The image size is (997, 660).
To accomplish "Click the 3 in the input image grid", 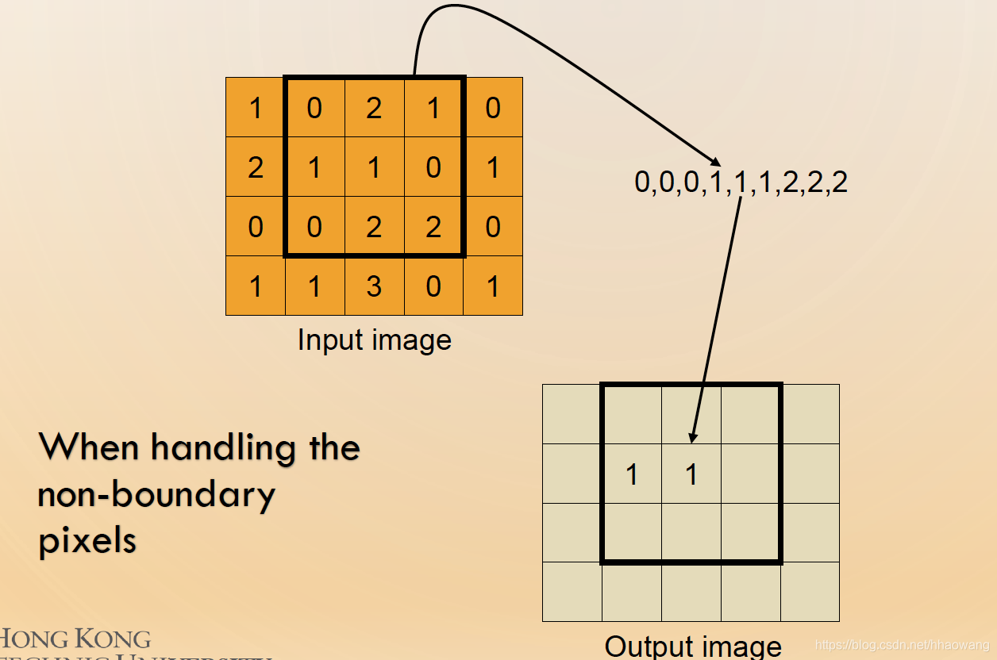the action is click(x=374, y=286).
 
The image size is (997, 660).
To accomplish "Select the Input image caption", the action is click(x=374, y=340).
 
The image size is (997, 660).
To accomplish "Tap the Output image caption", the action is click(x=693, y=645).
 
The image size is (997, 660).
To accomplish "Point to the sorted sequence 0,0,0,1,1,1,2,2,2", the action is click(x=741, y=182).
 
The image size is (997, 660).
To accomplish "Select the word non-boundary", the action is click(x=156, y=494).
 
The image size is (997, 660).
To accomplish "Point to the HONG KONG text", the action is click(x=75, y=639).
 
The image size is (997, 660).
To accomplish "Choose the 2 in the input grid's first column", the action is click(x=255, y=167).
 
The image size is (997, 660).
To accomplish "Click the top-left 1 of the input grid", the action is click(x=255, y=108).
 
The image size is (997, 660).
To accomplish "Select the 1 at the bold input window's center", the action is click(x=374, y=167).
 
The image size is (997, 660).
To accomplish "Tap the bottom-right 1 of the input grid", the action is click(x=493, y=286).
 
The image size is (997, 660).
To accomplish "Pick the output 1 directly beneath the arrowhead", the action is click(x=691, y=474).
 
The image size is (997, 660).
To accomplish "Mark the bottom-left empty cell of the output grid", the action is click(x=572, y=592).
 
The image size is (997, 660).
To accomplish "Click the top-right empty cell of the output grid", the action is click(x=810, y=414).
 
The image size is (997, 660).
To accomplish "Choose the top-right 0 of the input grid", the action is click(x=493, y=108).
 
